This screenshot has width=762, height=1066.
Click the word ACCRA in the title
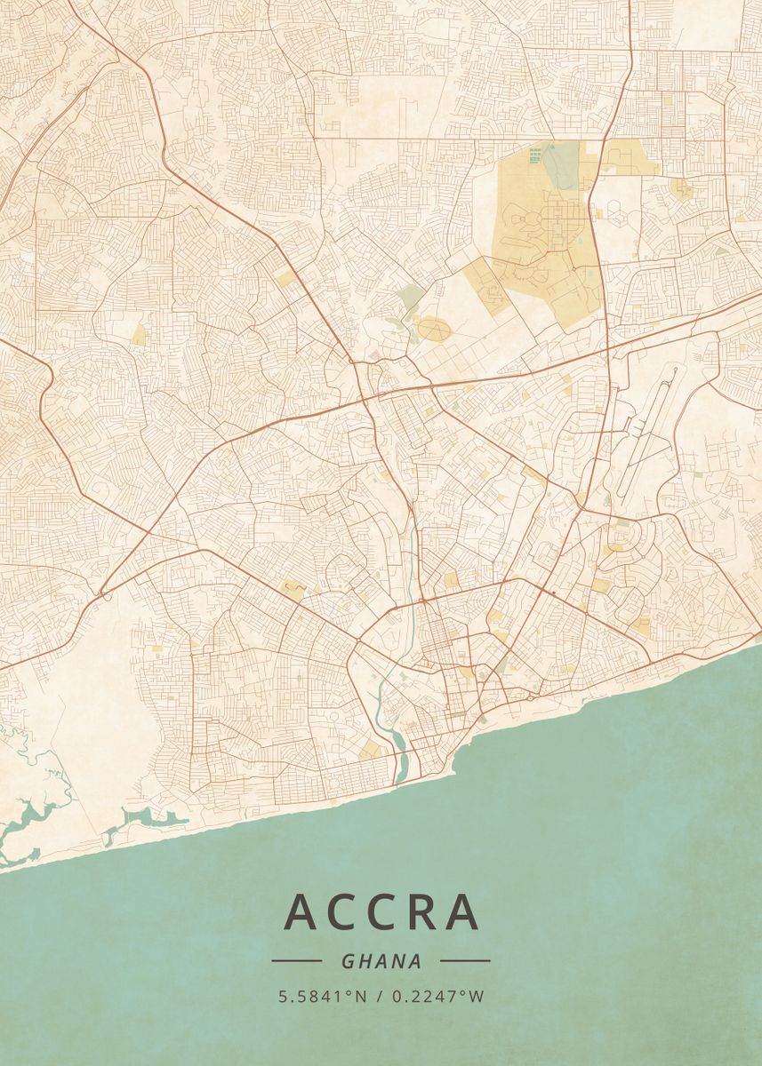click(381, 912)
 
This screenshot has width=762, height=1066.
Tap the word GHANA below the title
click(381, 961)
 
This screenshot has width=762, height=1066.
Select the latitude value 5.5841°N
click(322, 996)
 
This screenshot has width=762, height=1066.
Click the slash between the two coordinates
click(380, 996)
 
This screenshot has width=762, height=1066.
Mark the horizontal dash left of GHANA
click(296, 960)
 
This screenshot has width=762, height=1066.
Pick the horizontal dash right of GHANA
click(465, 960)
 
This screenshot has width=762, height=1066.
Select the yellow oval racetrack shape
click(434, 330)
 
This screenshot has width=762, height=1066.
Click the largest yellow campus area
click(542, 231)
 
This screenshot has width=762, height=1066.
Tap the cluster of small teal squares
click(534, 156)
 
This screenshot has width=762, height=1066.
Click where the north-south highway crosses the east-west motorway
click(607, 351)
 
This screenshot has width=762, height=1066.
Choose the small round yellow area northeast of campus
click(682, 187)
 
